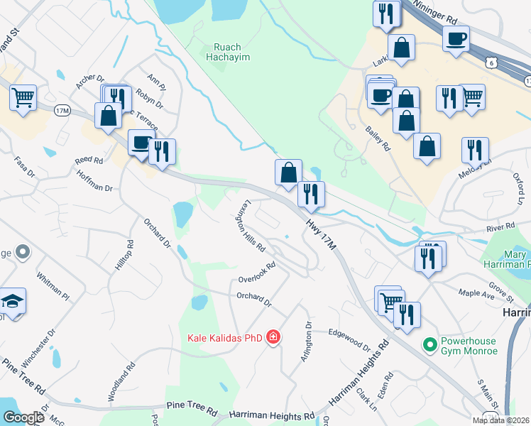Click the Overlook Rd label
point(256,271)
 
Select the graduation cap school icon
point(13,302)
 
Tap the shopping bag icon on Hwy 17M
point(288,173)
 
